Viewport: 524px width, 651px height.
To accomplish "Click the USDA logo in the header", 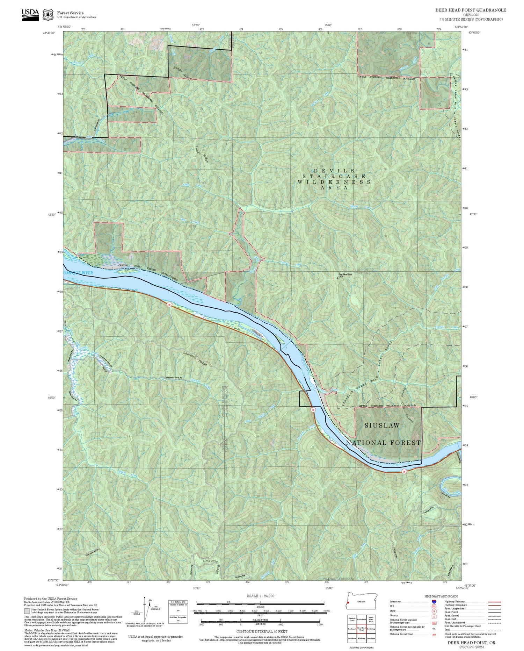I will [x=30, y=14].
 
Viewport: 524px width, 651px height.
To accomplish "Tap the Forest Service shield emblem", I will [x=48, y=15].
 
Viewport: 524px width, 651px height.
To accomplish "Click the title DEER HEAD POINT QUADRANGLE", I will [x=468, y=10].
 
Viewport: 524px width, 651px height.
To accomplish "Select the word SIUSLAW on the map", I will [x=382, y=425].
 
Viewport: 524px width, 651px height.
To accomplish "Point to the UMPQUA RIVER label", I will [x=78, y=273].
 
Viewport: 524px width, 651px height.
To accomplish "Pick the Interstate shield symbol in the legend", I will [x=434, y=602].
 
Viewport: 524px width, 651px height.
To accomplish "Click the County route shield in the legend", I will [x=434, y=617].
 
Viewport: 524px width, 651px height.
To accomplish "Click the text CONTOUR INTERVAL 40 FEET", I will [x=262, y=632].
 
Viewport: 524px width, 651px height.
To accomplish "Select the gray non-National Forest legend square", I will [x=27, y=611].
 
